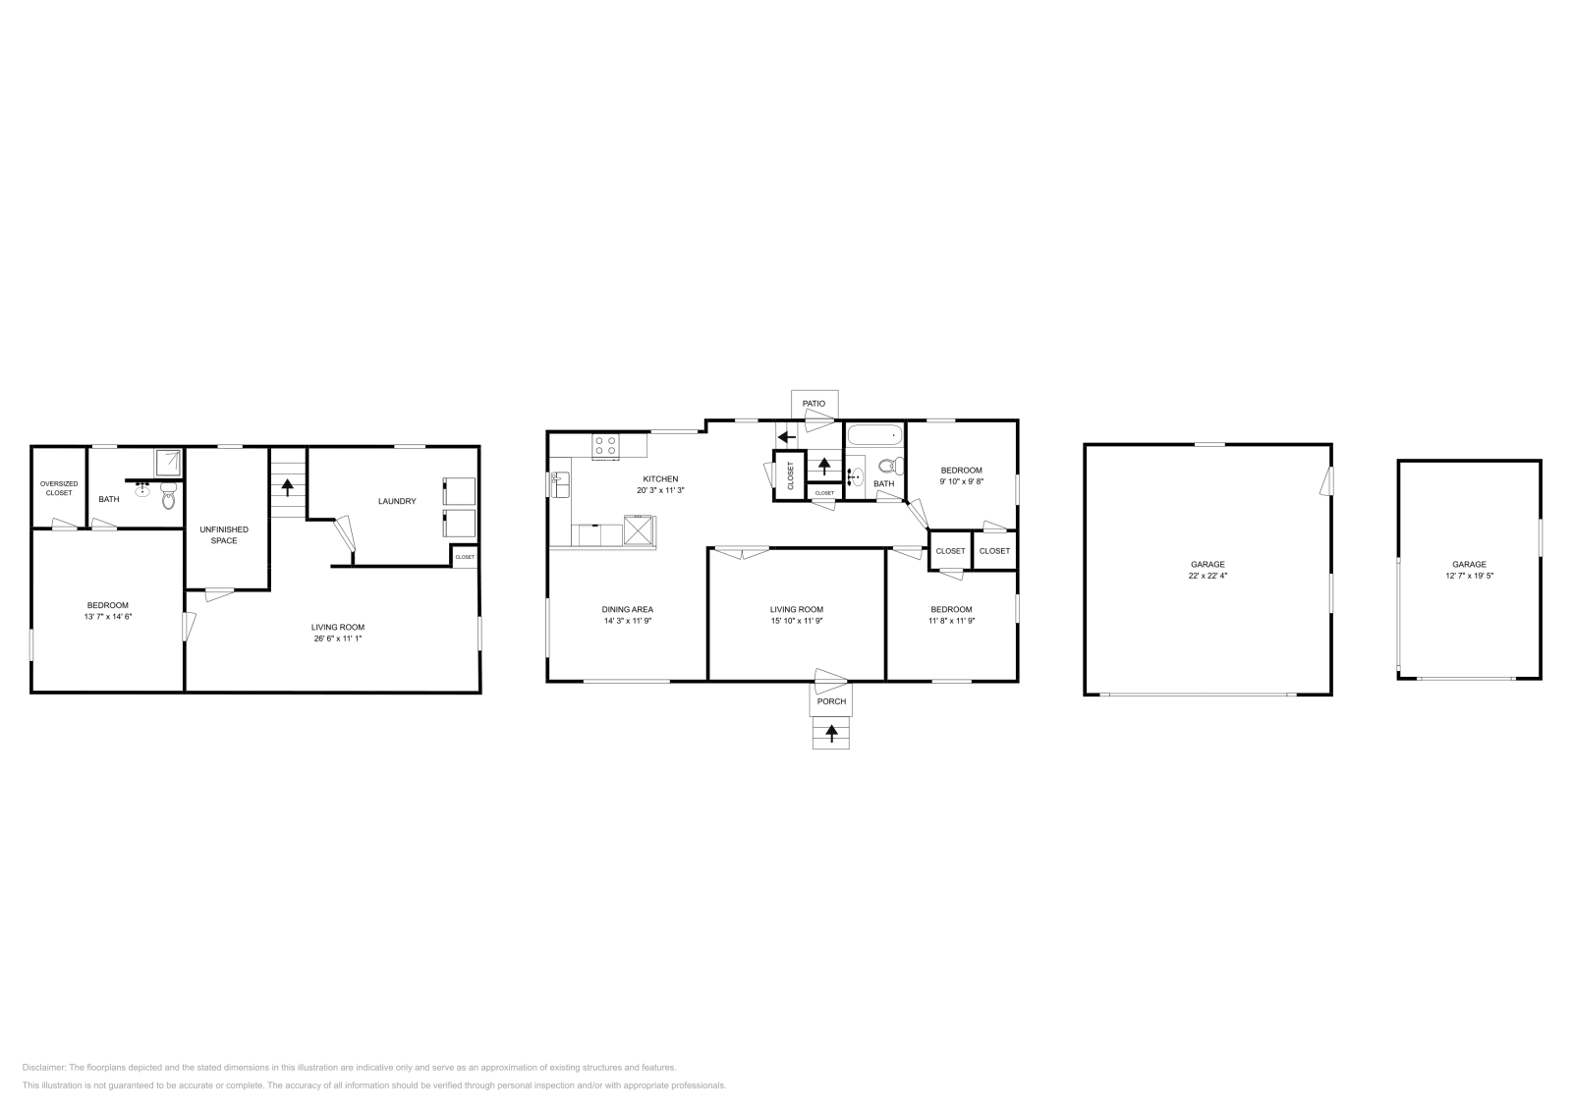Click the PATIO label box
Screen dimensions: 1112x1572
[814, 404]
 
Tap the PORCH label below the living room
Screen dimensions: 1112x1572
[830, 701]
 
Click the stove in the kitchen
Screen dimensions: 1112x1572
[606, 446]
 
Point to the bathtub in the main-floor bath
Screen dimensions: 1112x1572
[873, 435]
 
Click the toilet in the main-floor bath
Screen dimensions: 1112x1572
[887, 467]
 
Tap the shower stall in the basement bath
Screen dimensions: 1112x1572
[169, 461]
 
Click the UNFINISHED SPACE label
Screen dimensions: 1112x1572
[224, 534]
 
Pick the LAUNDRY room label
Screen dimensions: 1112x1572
[397, 501]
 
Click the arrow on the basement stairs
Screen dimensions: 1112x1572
[287, 484]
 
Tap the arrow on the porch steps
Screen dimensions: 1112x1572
[831, 732]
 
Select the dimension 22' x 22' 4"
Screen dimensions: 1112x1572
[1207, 577]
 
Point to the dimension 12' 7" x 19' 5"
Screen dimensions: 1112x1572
[1469, 577]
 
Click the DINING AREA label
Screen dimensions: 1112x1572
[628, 609]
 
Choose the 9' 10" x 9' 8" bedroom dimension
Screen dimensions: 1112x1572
[961, 481]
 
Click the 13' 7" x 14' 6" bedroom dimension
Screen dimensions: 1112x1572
[108, 617]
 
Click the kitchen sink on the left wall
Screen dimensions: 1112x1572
[559, 483]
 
